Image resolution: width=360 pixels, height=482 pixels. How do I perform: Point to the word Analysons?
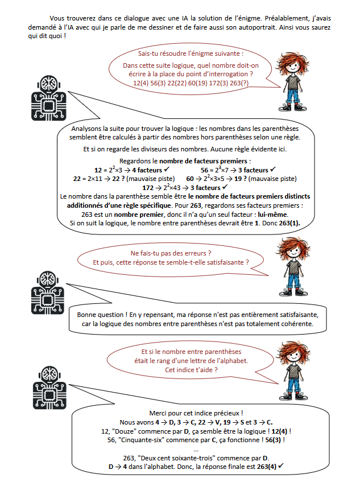click(x=84, y=129)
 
